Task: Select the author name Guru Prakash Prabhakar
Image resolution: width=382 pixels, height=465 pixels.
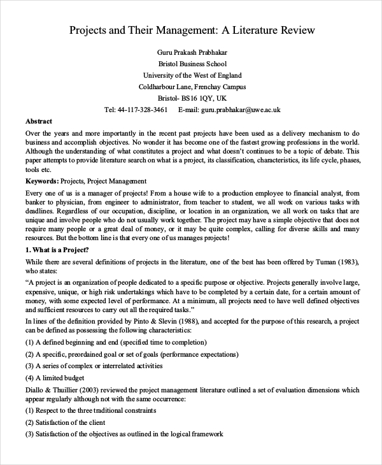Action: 192,52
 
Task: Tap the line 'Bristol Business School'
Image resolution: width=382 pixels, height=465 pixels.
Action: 192,64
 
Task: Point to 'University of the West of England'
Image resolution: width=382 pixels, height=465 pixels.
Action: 192,75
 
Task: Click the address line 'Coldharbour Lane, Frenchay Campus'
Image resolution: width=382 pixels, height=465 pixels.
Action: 192,87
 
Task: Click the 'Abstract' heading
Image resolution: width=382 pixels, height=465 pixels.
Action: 39,121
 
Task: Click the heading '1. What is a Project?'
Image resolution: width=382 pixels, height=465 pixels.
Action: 57,249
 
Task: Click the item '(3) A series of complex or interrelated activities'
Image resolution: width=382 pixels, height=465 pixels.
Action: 94,366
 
